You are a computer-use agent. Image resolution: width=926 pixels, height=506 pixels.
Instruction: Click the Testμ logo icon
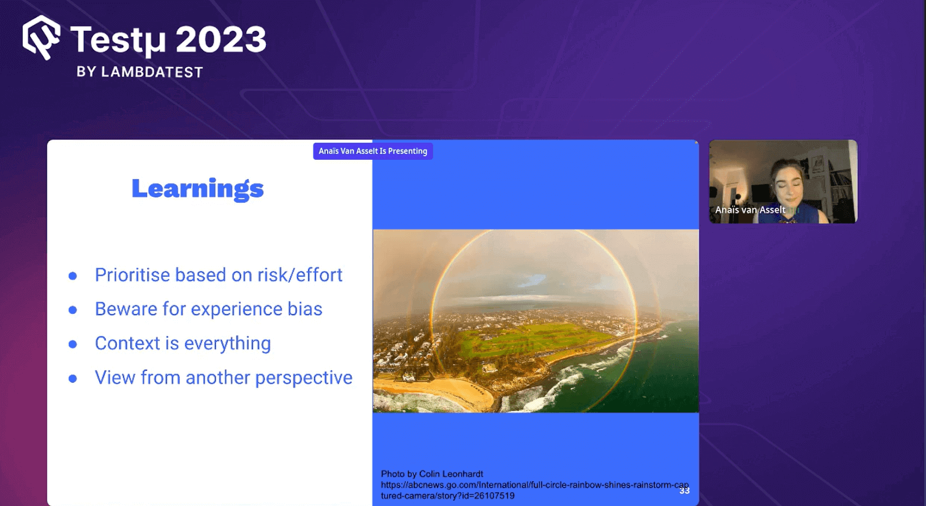coord(41,37)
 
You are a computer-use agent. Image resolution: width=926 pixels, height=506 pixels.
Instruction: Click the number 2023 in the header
coord(221,40)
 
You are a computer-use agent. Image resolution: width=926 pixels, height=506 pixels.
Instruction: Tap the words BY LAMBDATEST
coord(139,72)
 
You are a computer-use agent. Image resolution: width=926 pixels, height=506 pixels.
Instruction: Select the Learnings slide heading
coord(197,189)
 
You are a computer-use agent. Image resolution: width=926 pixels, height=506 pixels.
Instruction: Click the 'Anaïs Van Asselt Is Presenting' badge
coord(373,151)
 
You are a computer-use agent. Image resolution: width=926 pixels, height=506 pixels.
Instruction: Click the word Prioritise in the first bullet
coord(133,275)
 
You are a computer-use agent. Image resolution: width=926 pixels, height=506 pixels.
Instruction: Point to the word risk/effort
coord(300,275)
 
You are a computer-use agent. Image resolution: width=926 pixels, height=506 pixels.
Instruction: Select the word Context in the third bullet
coord(127,343)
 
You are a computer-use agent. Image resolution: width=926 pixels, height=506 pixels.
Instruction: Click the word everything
coord(227,344)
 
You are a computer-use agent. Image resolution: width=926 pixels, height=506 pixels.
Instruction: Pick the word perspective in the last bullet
coord(304,378)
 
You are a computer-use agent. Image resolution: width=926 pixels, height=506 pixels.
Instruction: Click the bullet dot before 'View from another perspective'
coord(73,378)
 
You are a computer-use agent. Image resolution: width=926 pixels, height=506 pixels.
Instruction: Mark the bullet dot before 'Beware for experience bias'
coord(73,310)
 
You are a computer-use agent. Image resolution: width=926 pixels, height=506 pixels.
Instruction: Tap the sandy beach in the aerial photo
coord(434,393)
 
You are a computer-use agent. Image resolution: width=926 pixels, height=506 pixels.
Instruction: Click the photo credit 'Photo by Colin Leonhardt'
coord(432,474)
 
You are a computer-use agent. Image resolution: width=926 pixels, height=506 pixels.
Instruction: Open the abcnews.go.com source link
coord(535,490)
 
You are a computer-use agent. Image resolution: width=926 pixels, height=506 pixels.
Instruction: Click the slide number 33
coord(685,491)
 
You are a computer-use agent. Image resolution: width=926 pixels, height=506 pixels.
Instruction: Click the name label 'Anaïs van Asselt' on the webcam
coord(750,210)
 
